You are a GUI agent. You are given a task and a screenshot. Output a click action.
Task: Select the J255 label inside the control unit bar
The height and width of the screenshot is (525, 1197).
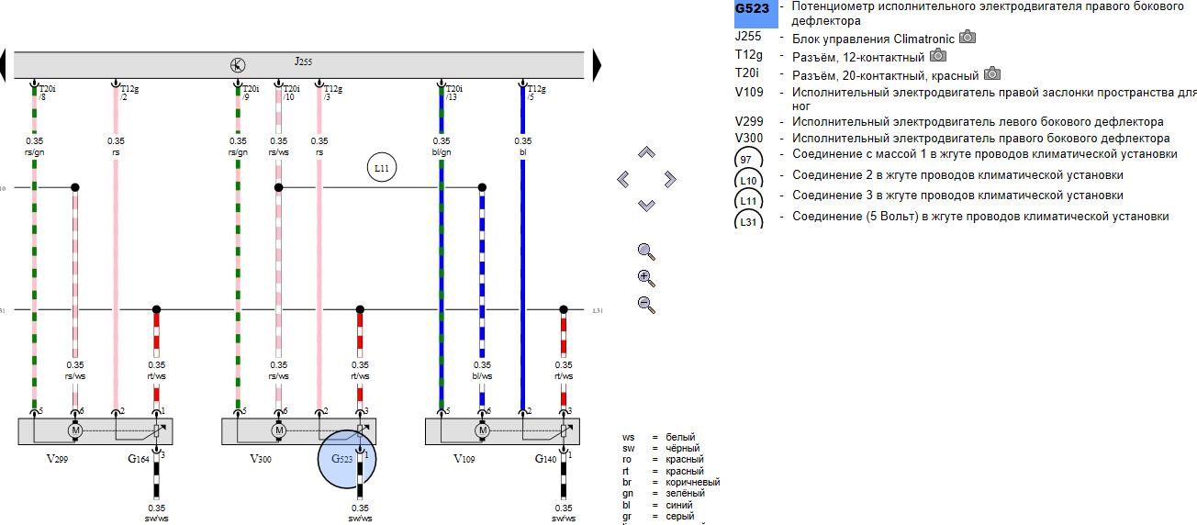pos(303,61)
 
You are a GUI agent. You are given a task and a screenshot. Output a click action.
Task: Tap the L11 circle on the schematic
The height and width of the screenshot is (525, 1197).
pos(382,168)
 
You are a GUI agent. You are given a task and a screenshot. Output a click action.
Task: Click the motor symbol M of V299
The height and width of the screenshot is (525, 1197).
pos(75,430)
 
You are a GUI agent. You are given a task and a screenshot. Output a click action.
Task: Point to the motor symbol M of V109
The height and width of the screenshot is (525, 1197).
pos(482,430)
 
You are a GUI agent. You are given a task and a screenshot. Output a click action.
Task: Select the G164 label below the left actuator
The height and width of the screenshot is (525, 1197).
pos(139,457)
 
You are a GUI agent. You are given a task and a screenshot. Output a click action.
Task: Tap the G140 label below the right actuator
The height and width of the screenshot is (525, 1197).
pos(547,457)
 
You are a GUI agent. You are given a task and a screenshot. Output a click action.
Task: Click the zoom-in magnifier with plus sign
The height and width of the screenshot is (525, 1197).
pos(646,278)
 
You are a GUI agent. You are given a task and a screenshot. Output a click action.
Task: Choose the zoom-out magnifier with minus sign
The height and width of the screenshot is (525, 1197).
pos(646,306)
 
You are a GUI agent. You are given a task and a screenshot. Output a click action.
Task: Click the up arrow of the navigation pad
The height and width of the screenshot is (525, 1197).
pos(646,152)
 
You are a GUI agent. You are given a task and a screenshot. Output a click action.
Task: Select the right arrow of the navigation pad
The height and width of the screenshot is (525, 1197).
pos(669,179)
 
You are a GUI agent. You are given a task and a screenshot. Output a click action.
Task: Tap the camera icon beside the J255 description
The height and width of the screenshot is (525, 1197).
pos(968,38)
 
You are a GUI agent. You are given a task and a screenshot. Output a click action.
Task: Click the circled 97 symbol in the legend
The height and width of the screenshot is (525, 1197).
pos(746,159)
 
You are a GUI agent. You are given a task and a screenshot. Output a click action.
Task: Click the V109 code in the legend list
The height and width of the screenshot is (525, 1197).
pos(749,93)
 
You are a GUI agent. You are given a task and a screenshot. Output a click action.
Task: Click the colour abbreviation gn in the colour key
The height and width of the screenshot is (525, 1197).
pos(628,494)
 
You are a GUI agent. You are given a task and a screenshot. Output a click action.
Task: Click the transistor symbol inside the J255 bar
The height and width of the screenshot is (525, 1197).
pos(238,64)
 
